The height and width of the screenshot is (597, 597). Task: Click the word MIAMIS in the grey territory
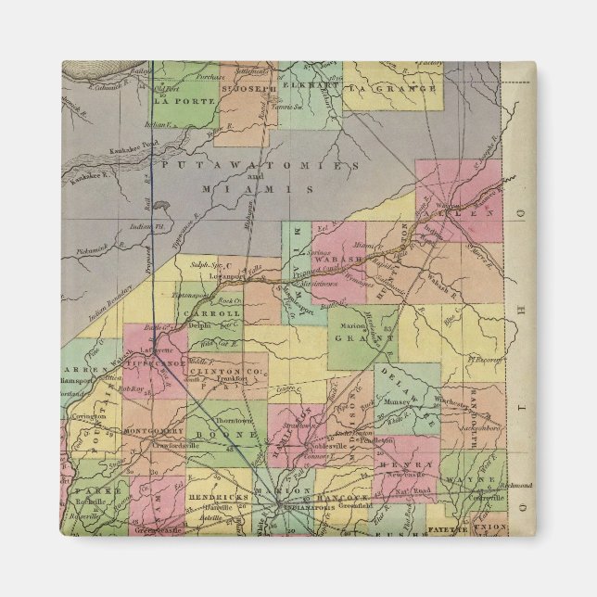point(259,187)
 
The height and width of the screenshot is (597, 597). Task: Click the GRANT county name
point(363,337)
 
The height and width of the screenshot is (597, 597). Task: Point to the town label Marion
point(346,324)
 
